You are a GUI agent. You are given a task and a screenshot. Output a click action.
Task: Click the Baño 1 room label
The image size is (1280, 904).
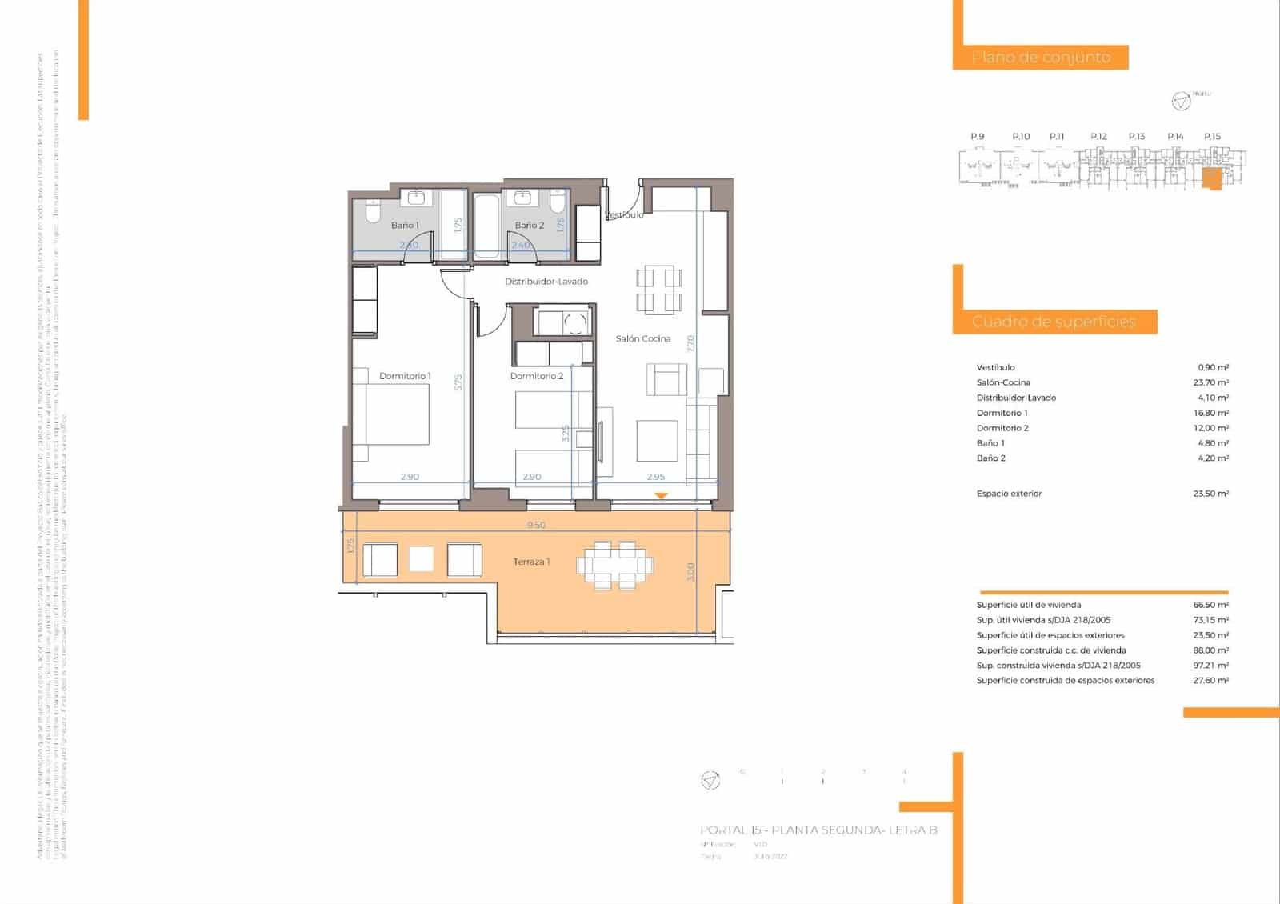[x=405, y=226]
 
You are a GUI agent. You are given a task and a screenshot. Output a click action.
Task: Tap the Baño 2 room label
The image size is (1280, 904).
[x=529, y=226]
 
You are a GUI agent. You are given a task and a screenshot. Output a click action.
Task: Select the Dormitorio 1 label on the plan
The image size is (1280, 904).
[x=405, y=376]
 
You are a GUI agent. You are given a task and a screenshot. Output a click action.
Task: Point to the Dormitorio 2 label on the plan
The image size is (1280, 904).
[x=537, y=376]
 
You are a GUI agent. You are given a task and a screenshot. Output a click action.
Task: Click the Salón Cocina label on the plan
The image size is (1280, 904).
[x=643, y=339]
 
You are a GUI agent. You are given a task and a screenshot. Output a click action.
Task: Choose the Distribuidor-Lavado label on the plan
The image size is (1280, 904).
[x=546, y=282]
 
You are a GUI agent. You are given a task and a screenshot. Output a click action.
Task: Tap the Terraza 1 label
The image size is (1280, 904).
[x=531, y=562]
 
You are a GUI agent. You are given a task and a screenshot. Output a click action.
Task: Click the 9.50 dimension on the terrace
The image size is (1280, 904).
[x=536, y=526]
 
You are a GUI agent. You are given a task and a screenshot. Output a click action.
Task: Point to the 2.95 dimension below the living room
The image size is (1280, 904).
[x=656, y=477]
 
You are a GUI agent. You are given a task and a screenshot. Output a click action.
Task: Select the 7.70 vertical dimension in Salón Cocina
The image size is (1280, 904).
[x=690, y=344]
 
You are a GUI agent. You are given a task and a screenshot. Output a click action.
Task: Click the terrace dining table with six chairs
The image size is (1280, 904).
[x=614, y=566]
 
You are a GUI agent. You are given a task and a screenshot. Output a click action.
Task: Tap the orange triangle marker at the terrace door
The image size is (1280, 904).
[x=661, y=497]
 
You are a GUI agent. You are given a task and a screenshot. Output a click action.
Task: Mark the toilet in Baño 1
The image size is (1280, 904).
[x=372, y=211]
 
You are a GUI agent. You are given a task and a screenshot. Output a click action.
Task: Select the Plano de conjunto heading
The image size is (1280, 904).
[x=1041, y=58]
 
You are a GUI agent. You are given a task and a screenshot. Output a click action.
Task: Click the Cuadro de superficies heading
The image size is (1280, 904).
[x=1054, y=322]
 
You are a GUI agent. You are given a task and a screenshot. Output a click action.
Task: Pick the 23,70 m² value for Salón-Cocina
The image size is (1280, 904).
[x=1210, y=382]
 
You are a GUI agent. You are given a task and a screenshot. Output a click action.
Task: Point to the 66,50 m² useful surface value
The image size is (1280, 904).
[x=1210, y=606]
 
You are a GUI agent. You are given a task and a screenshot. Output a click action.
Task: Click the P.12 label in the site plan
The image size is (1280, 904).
[x=1098, y=137]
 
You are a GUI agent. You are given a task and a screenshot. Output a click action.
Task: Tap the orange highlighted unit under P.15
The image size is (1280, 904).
[x=1213, y=178]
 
